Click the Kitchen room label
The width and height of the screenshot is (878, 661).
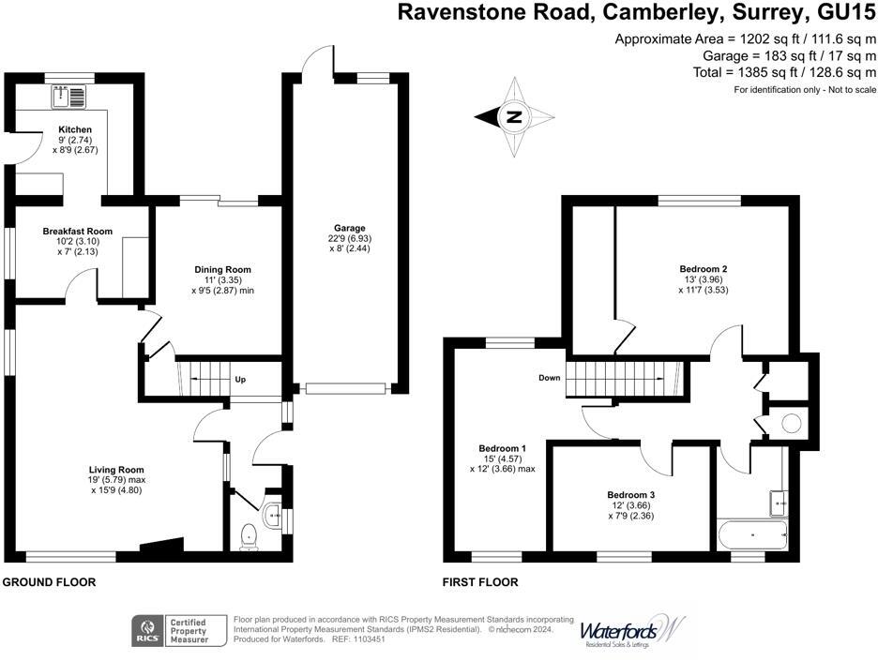(75, 129)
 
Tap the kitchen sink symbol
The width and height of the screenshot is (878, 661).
(70, 95)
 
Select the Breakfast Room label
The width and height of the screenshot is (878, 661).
(77, 232)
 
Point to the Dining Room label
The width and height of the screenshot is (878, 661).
(221, 270)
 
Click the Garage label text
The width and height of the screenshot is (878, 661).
(349, 228)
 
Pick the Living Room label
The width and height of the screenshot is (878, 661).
(116, 470)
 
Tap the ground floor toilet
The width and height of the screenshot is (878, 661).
(249, 536)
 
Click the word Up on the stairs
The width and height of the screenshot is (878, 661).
(240, 380)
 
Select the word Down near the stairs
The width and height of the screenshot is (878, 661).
(550, 379)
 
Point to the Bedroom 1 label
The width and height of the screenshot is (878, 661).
(502, 447)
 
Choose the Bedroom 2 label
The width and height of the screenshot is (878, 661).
(704, 269)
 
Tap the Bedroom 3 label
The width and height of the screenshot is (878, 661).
(630, 495)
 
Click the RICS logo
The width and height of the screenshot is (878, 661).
(147, 629)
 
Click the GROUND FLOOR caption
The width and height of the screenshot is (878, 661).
(49, 582)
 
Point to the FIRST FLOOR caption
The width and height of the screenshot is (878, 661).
(480, 582)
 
